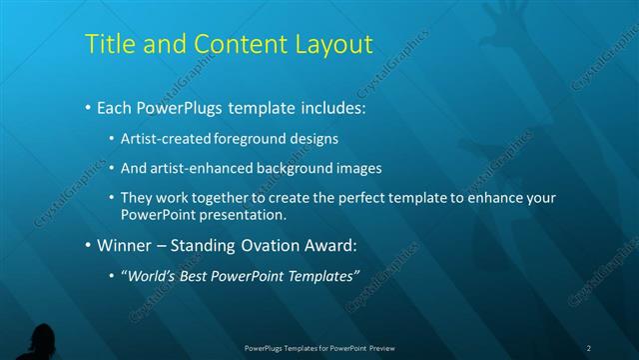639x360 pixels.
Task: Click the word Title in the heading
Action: point(108,45)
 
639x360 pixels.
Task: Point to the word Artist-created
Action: point(165,139)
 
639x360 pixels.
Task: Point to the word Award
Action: point(331,245)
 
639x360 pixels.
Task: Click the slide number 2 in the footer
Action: point(588,348)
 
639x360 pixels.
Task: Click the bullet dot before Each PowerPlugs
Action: point(88,106)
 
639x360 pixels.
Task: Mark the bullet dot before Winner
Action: point(88,245)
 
